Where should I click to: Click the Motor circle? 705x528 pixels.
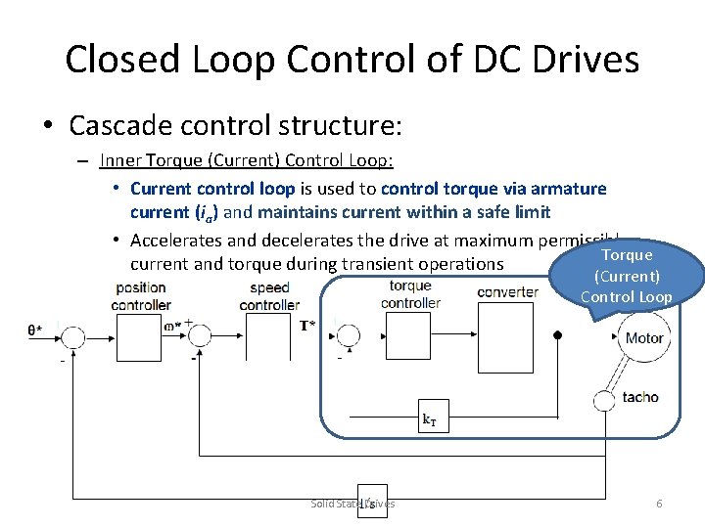point(643,337)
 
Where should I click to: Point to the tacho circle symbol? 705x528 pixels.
point(605,399)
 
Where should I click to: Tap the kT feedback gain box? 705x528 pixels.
point(429,419)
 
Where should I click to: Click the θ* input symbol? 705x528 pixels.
point(34,330)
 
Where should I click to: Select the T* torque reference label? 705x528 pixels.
point(307,325)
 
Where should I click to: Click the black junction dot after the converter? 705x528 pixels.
point(557,334)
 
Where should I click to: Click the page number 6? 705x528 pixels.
point(659,504)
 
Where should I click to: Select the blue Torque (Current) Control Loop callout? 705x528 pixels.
point(627,276)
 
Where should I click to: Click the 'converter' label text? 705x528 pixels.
point(507,291)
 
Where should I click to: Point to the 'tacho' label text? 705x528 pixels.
point(640,397)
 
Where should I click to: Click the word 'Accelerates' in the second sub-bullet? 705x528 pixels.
point(176,241)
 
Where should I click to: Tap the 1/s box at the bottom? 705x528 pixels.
point(370,503)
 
